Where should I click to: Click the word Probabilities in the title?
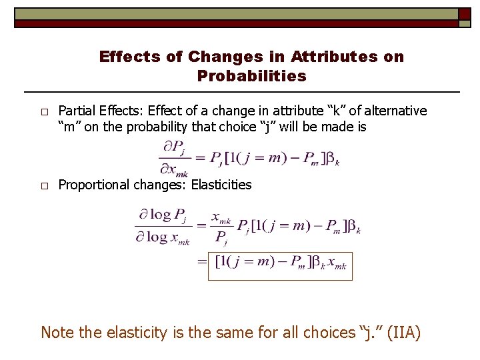(x=252, y=76)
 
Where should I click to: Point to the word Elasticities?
(x=221, y=185)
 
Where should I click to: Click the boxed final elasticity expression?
(x=280, y=265)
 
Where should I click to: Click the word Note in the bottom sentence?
(x=56, y=332)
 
